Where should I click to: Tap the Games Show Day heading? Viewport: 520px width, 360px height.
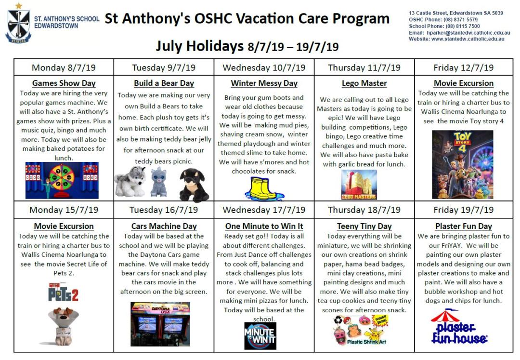tap(64, 83)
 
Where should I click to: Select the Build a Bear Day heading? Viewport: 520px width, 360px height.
tap(164, 83)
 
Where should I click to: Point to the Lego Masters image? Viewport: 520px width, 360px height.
tap(359, 185)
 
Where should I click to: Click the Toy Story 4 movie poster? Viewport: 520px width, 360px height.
tap(462, 164)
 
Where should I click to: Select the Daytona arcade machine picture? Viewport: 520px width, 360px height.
tap(160, 324)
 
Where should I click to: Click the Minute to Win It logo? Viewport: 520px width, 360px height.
tap(260, 335)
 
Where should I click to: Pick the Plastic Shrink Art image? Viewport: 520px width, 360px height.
tap(360, 330)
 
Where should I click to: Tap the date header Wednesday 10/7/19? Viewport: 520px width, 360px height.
tap(264, 67)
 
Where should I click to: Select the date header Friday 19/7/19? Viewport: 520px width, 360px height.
tap(463, 210)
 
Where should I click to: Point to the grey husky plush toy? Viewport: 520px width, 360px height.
tap(130, 181)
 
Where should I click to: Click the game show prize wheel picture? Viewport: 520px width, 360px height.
tap(62, 180)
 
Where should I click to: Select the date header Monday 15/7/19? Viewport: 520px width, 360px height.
tap(64, 210)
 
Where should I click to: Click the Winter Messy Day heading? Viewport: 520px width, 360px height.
tap(264, 83)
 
